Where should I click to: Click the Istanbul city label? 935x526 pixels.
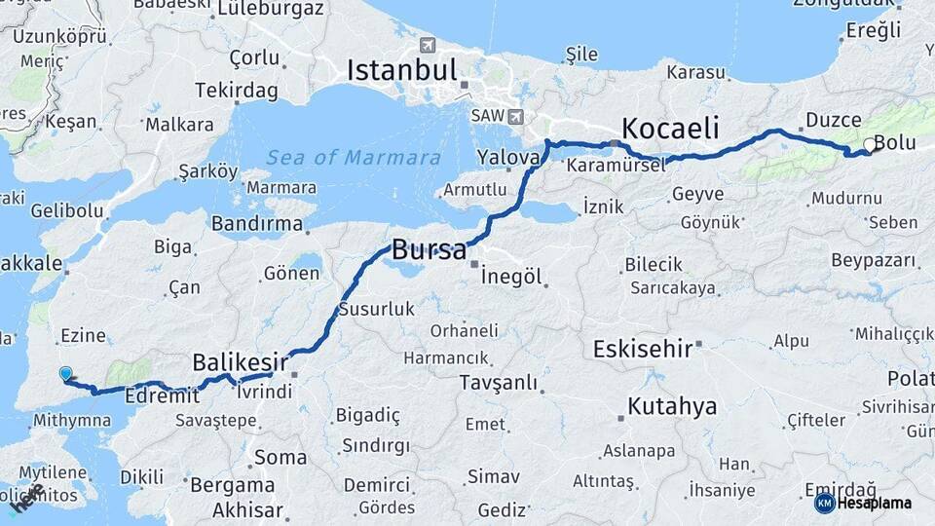coord(402,70)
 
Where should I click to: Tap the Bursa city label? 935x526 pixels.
coord(429,250)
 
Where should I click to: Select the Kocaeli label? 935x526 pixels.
coord(670,128)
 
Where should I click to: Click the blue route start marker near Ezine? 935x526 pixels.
coord(65,373)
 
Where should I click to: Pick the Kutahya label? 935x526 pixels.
coord(672,405)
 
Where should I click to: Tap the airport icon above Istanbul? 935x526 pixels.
coord(428,45)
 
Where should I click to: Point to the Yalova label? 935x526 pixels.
coord(508,157)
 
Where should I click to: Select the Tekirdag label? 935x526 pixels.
coord(237,90)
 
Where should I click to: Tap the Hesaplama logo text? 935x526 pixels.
coord(877,503)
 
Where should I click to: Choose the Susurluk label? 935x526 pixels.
coord(376,310)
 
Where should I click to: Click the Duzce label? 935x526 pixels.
coord(833,121)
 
